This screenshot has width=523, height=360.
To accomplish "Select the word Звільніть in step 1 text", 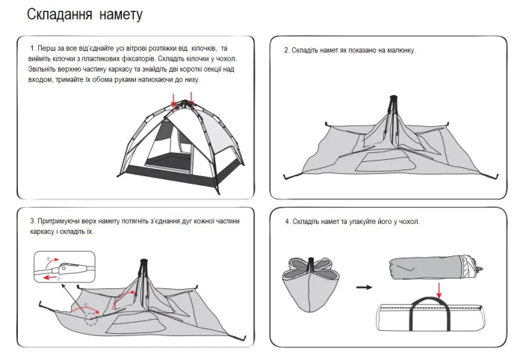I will [44, 69].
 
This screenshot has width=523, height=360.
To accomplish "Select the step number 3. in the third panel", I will [32, 222].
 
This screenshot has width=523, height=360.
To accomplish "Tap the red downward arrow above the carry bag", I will [439, 288].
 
